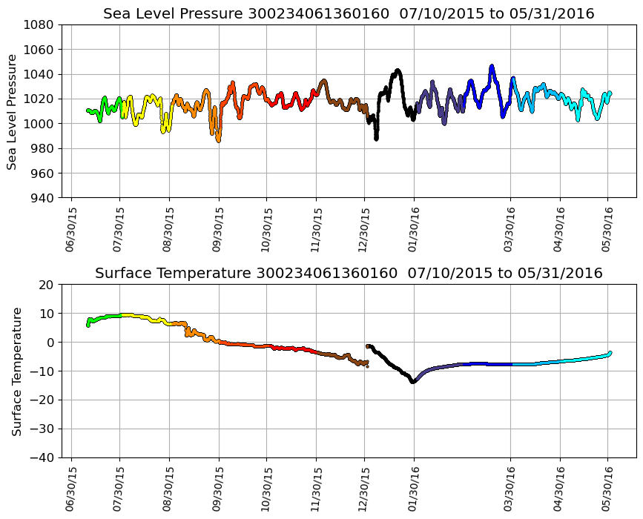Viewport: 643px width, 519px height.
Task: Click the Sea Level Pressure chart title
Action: click(x=349, y=13)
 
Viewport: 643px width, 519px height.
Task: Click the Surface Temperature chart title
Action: click(x=349, y=274)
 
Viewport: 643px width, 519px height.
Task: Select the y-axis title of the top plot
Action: click(x=12, y=111)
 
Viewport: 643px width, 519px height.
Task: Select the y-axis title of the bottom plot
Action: click(x=16, y=371)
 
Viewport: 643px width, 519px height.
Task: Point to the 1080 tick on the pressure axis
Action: click(x=37, y=24)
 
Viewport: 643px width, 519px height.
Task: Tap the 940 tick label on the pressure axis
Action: click(x=40, y=198)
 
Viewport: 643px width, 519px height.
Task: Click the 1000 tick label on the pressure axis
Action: click(x=37, y=124)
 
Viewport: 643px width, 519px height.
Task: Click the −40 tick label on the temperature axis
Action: click(x=40, y=457)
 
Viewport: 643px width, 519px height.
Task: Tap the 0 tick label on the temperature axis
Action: click(x=50, y=343)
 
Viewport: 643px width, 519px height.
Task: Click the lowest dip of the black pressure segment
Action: click(x=376, y=138)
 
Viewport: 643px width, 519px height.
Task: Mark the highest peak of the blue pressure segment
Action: click(x=492, y=66)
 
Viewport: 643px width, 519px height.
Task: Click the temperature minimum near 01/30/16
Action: click(x=413, y=381)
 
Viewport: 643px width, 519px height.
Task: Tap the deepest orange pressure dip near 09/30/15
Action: click(x=218, y=140)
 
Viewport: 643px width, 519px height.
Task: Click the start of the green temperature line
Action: click(x=88, y=325)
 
